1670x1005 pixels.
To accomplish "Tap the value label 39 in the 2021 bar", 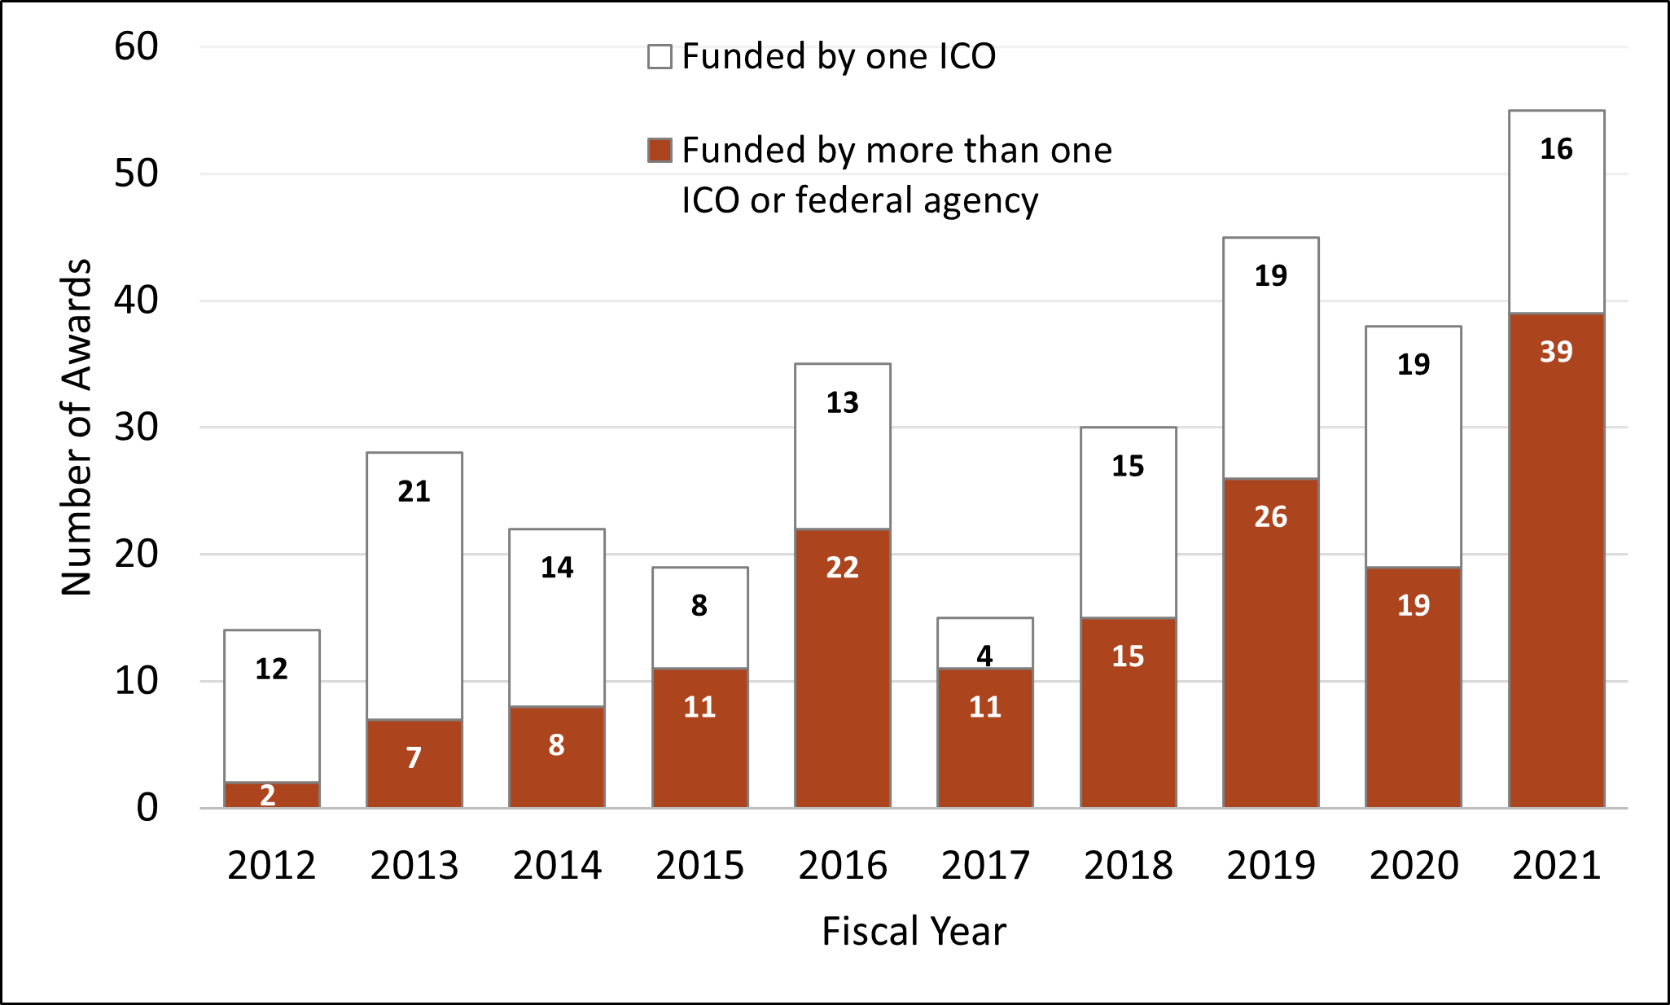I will click(x=1556, y=352).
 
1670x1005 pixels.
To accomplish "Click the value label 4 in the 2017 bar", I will click(x=985, y=656).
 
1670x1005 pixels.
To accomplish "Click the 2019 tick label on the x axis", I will click(x=1271, y=865).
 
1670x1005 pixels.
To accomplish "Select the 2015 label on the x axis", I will click(x=699, y=865).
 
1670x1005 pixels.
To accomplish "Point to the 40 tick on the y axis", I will click(x=136, y=301).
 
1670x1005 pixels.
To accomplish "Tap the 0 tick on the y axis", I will click(x=147, y=808).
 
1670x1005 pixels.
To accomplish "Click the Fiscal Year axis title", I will click(x=914, y=931).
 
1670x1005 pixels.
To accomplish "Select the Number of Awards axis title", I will click(x=77, y=428).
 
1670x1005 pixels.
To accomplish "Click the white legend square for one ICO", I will click(x=660, y=57).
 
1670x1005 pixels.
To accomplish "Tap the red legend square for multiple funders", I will click(x=660, y=151).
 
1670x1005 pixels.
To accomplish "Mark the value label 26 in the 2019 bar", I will click(x=1271, y=516).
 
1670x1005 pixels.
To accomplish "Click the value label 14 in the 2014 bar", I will click(x=557, y=567).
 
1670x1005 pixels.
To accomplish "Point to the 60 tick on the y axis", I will click(x=136, y=46).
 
